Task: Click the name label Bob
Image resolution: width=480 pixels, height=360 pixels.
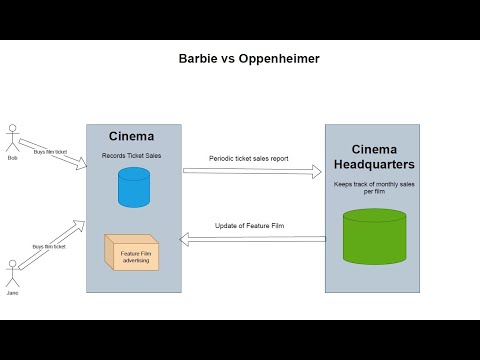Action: tap(13, 158)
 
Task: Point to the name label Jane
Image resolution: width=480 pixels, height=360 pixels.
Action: tap(13, 293)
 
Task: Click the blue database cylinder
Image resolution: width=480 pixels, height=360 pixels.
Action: tap(133, 188)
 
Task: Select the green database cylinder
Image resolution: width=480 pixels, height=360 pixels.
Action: tap(374, 236)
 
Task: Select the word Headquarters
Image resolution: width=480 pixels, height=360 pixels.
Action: tap(374, 164)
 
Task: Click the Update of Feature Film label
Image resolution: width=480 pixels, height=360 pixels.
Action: tap(250, 225)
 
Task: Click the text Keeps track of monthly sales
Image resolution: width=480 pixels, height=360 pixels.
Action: tap(374, 185)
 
